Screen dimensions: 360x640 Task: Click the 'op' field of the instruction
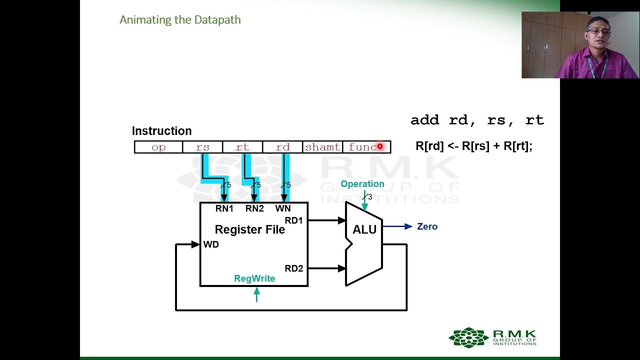[x=158, y=147]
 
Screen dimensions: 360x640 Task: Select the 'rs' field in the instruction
[x=202, y=147]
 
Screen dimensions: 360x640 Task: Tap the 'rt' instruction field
[x=242, y=147]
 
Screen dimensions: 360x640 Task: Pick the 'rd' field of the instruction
[x=282, y=147]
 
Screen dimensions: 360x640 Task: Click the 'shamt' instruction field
[x=322, y=147]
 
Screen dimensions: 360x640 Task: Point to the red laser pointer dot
[x=380, y=146]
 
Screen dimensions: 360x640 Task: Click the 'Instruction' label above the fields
[x=161, y=131]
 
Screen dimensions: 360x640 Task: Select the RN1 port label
[x=224, y=208]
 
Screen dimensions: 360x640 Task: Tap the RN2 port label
[x=254, y=208]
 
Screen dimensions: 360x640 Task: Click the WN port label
[x=283, y=208]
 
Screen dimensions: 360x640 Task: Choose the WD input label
[x=211, y=244]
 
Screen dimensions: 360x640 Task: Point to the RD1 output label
[x=294, y=220]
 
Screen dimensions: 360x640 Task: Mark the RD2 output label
[x=294, y=268]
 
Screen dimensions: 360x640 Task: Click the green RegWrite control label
[x=254, y=278]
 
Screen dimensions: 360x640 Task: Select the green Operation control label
[x=362, y=184]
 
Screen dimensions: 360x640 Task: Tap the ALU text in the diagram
[x=364, y=230]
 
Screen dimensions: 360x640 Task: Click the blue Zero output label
[x=427, y=226]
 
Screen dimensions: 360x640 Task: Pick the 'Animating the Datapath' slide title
[x=180, y=20]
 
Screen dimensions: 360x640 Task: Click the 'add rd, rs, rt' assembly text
[x=477, y=120]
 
